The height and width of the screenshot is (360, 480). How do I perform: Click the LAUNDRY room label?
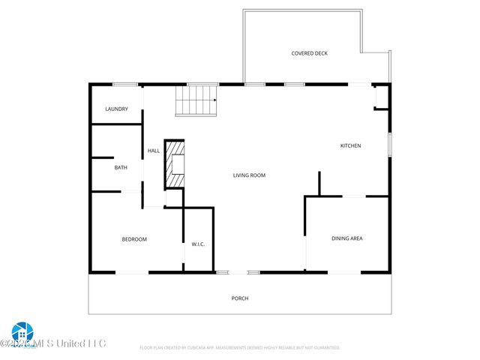click(116, 109)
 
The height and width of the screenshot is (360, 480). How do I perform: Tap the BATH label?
click(121, 167)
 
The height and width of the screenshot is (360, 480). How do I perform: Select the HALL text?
click(154, 151)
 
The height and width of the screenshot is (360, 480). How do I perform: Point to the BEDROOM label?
click(134, 239)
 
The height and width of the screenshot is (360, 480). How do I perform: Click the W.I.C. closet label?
click(198, 244)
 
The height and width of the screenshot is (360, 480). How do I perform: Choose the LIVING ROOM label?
click(249, 175)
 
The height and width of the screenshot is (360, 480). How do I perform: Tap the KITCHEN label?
click(351, 145)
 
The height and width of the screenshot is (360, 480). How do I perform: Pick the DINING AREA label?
click(347, 238)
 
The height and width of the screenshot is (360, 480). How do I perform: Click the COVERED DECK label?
click(310, 53)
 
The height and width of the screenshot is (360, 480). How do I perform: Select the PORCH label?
click(239, 298)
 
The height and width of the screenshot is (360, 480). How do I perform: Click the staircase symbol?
click(196, 100)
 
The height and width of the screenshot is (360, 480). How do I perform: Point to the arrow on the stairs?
click(214, 100)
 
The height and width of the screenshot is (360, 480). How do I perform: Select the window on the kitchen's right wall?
click(389, 145)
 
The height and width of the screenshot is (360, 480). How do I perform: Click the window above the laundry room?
click(124, 84)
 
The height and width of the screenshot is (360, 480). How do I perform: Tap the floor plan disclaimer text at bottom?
click(240, 348)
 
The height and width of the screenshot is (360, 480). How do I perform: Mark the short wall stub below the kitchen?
click(319, 184)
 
